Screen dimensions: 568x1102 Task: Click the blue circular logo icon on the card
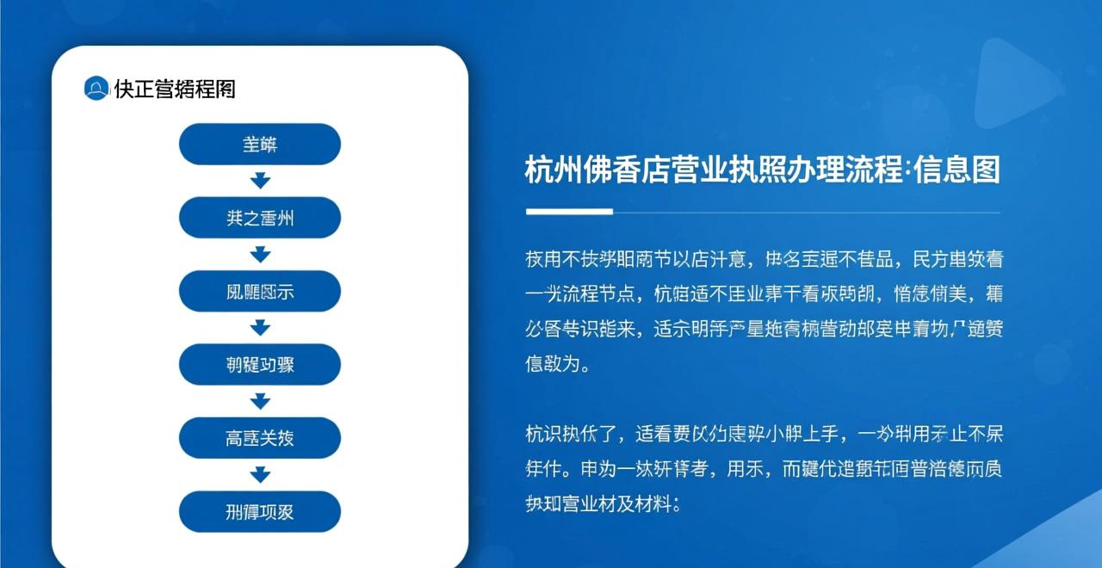pos(96,88)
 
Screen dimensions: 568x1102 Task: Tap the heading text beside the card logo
pos(175,88)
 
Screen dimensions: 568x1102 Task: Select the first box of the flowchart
pos(260,145)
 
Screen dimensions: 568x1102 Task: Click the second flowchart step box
pos(260,218)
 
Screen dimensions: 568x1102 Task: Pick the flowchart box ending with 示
pos(260,291)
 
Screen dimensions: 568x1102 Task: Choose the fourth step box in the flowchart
pos(260,364)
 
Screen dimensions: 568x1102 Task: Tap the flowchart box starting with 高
pos(260,438)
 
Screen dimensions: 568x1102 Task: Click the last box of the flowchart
pos(260,511)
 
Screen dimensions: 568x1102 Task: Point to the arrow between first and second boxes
pos(260,181)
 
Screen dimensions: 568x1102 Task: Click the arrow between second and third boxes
pos(260,255)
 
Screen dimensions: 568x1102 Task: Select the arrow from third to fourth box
pos(260,328)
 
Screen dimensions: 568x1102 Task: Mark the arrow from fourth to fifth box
pos(260,401)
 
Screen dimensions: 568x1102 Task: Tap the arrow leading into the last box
pos(260,474)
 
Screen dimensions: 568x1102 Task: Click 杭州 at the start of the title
pos(554,170)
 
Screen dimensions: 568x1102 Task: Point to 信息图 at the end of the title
pos(957,170)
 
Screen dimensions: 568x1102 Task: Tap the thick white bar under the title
pos(569,211)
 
